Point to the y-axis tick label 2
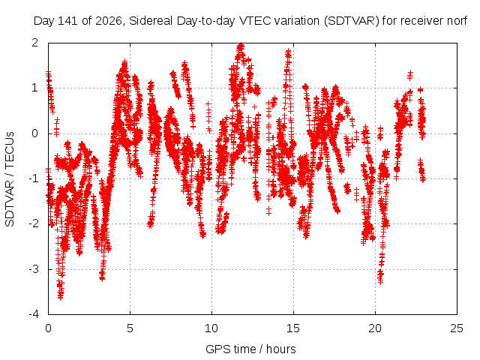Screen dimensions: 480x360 point(34,43)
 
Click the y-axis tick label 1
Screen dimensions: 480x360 point(34,88)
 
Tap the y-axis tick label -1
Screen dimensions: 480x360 point(33,178)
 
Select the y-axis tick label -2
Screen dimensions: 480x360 point(33,223)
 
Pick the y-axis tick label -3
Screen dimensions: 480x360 point(33,269)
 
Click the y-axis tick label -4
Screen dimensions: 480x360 point(33,314)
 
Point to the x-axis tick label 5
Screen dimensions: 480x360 point(130,328)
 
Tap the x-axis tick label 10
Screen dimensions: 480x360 point(211,328)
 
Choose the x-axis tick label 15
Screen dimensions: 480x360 point(293,328)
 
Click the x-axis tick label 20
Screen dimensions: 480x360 point(375,328)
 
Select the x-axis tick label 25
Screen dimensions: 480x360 point(457,328)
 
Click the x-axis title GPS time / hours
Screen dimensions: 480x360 point(250,349)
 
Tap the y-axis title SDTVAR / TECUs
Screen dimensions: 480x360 point(10,178)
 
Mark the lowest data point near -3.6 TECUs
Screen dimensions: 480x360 point(60,297)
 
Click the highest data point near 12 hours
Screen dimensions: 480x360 point(241,46)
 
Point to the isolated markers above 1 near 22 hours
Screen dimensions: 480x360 point(410,75)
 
